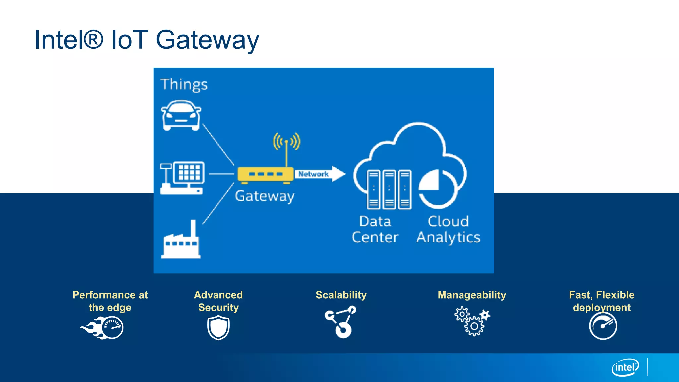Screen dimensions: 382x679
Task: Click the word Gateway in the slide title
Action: [207, 40]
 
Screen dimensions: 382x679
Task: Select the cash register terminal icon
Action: [182, 178]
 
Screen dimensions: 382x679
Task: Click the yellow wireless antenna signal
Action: [286, 142]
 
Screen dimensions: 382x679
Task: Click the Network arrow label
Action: [313, 174]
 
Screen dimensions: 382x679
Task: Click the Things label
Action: [184, 85]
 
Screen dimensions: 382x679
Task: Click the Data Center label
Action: [375, 229]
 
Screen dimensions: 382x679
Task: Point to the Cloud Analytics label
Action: [448, 229]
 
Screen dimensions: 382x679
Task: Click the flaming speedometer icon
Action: [103, 328]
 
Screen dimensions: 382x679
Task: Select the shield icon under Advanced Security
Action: [218, 328]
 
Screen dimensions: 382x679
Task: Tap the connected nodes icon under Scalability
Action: [341, 322]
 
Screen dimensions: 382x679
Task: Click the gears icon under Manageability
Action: [472, 321]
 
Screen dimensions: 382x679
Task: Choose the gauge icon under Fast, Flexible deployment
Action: [603, 326]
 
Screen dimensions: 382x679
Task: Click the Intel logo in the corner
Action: [625, 367]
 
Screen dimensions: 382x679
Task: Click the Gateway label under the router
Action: [265, 196]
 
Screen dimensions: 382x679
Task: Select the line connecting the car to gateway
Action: [218, 145]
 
